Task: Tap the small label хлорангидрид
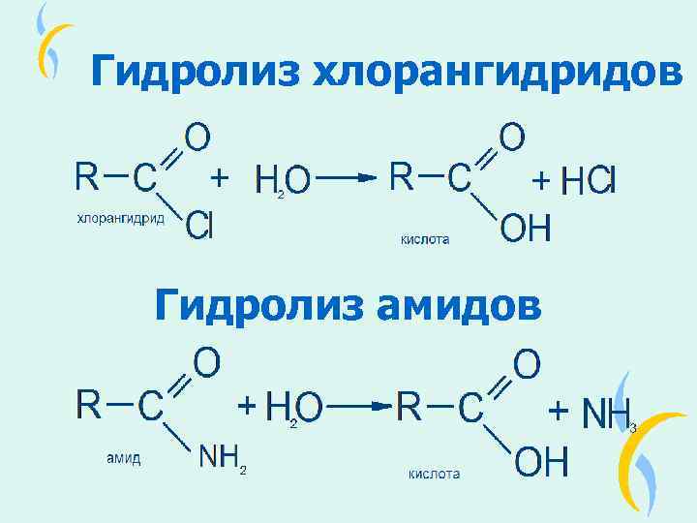point(120,219)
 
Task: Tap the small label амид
point(123,458)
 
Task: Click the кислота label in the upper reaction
point(425,238)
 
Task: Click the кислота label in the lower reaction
point(434,474)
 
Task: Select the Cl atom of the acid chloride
point(199,225)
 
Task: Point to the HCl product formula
point(588,180)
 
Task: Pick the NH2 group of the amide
point(223,457)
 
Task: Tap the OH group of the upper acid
point(526,230)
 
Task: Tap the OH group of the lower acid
point(540,463)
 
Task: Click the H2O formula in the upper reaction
point(283,180)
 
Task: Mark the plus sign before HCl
point(543,180)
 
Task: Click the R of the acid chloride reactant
point(86,175)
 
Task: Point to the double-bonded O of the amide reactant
point(207,364)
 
